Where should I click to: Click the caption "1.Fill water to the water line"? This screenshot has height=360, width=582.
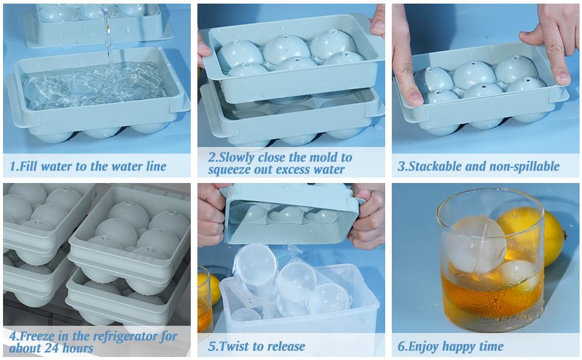88,166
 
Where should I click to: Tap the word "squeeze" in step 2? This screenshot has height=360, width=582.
233,170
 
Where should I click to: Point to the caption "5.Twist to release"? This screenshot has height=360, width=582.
257,346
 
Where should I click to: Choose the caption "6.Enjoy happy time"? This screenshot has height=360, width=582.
451,346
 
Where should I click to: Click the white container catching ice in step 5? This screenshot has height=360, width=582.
300,306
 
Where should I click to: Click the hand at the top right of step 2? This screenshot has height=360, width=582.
377,18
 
